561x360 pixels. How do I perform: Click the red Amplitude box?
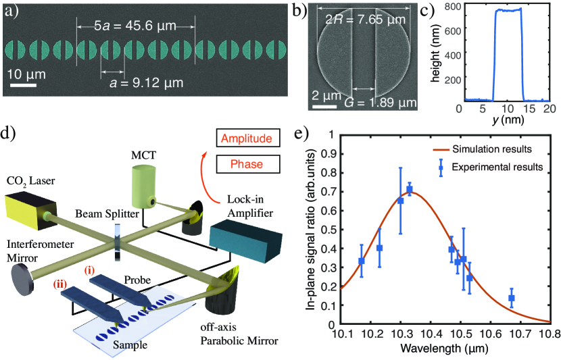coord(246,138)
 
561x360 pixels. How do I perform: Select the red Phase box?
coord(246,163)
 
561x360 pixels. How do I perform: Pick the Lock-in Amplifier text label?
coord(247,207)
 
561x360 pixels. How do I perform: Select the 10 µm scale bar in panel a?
coord(23,85)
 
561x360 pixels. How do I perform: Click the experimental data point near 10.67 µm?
coord(512,298)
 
